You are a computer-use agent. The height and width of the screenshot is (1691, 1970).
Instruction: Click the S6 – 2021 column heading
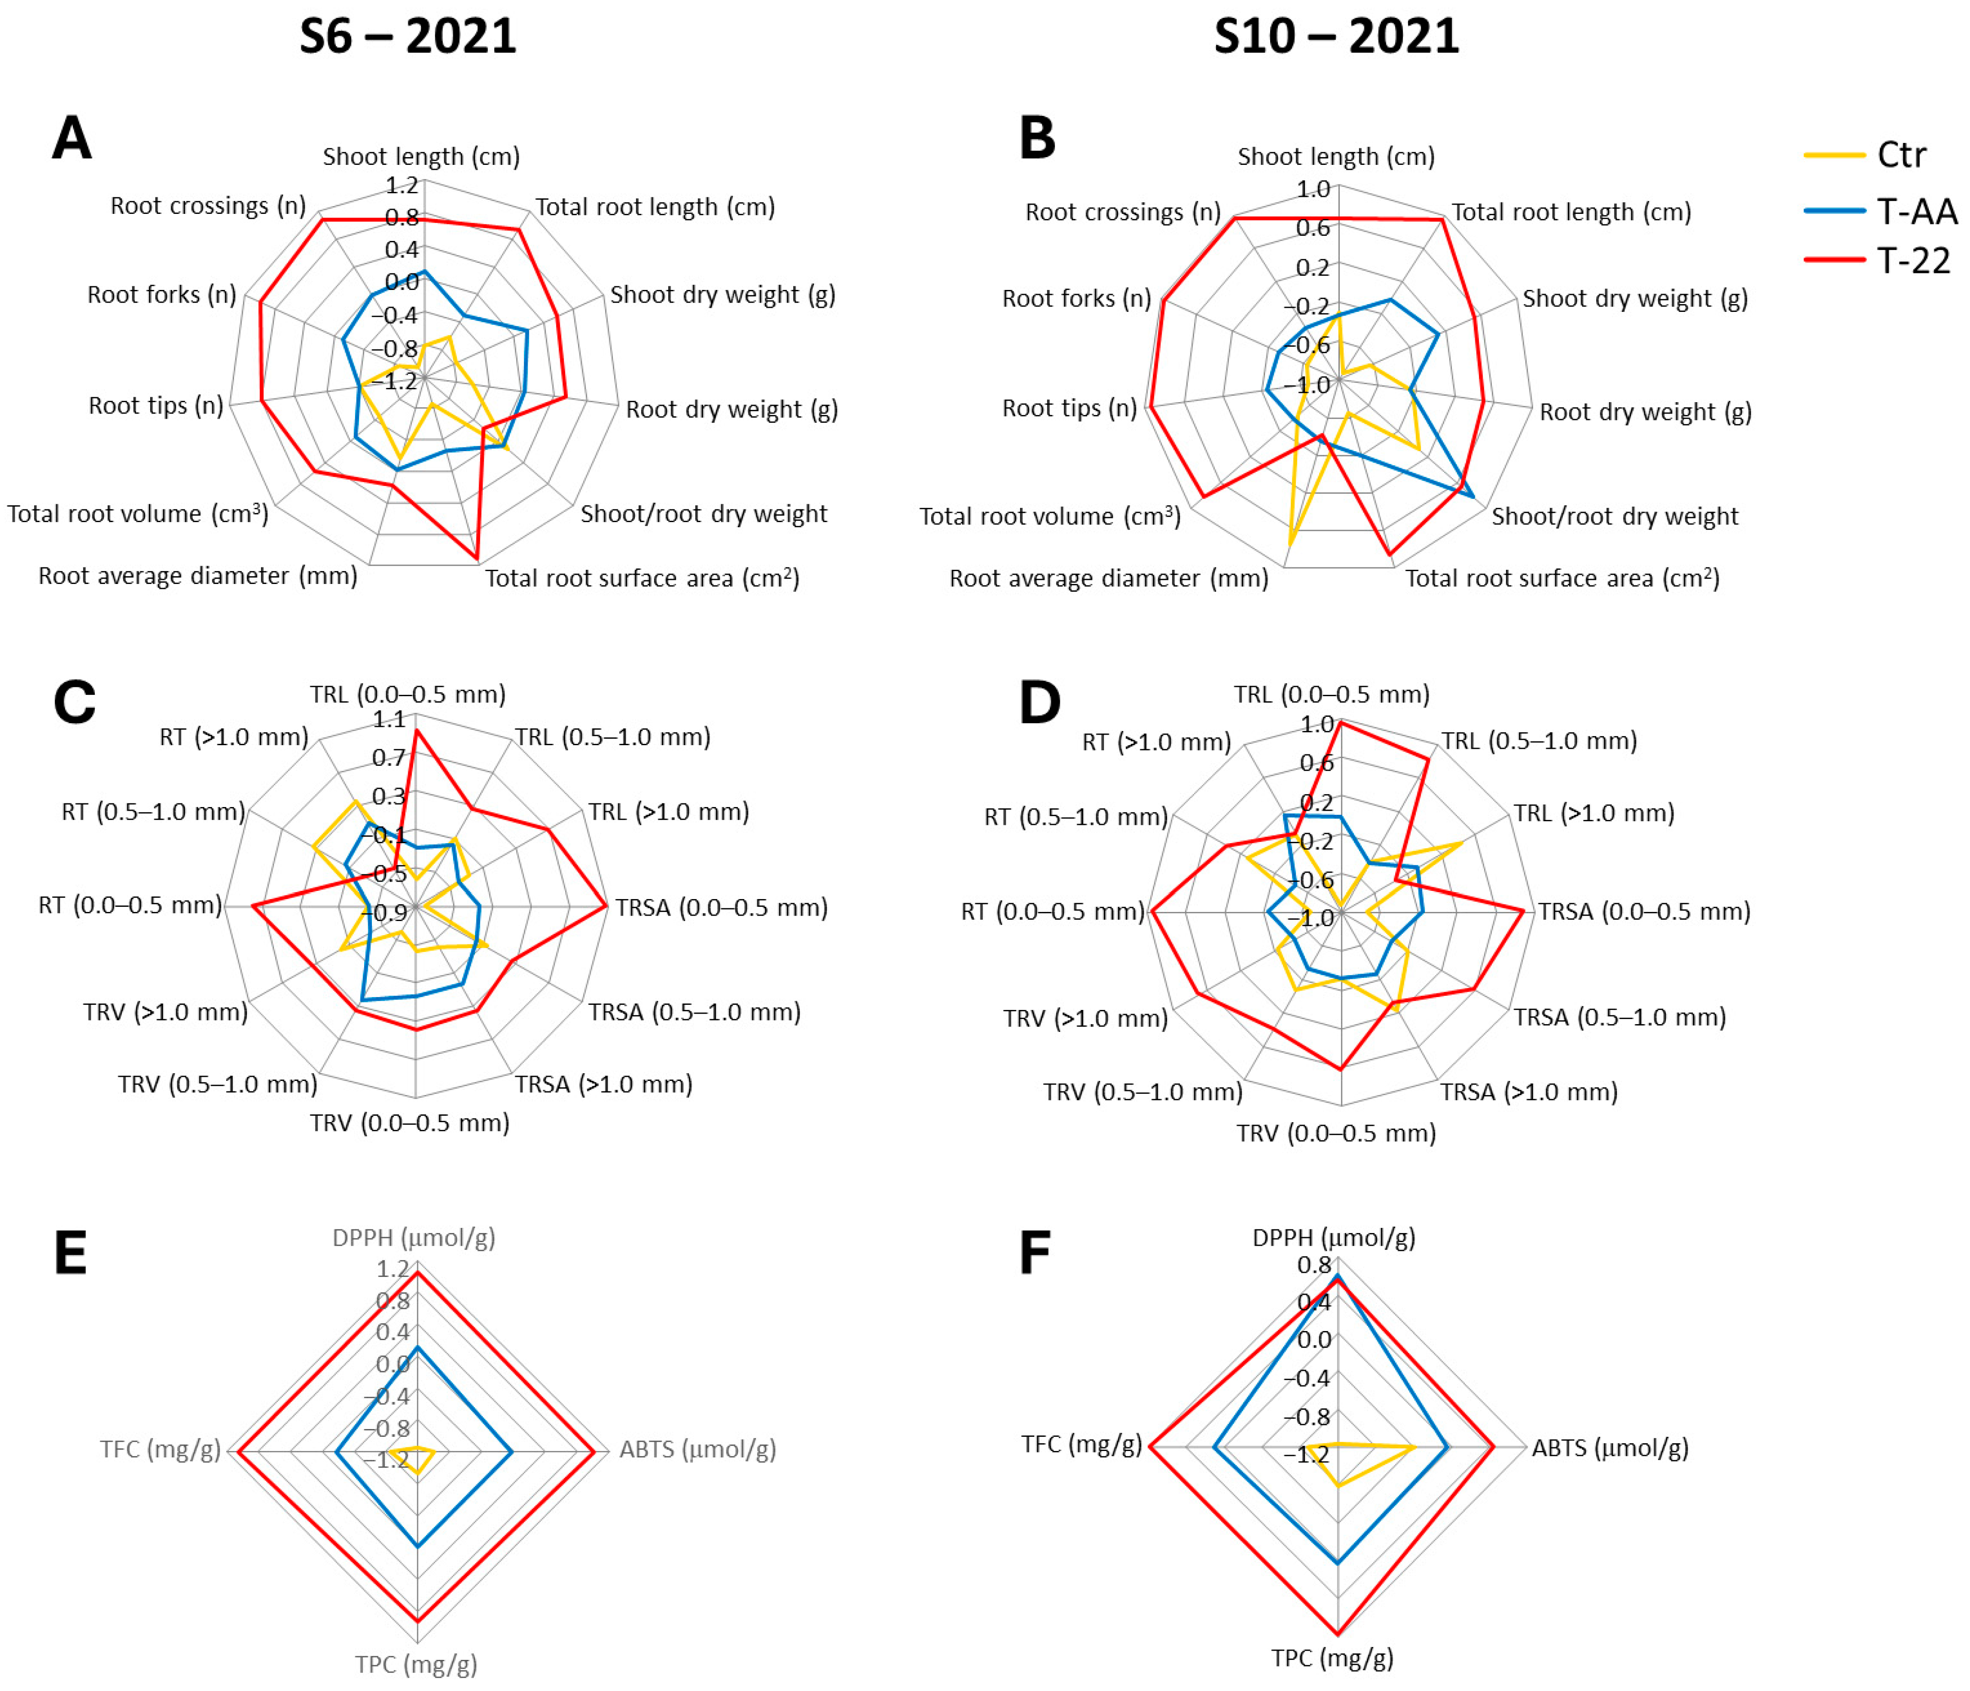408,37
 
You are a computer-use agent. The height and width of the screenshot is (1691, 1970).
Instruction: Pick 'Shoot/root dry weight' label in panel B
1615,516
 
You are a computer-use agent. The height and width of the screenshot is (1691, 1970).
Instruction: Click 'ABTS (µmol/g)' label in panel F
1610,1448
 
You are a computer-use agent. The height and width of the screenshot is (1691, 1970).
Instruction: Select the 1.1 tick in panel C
389,720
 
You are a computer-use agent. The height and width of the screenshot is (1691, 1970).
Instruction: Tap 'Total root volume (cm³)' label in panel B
1050,516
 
